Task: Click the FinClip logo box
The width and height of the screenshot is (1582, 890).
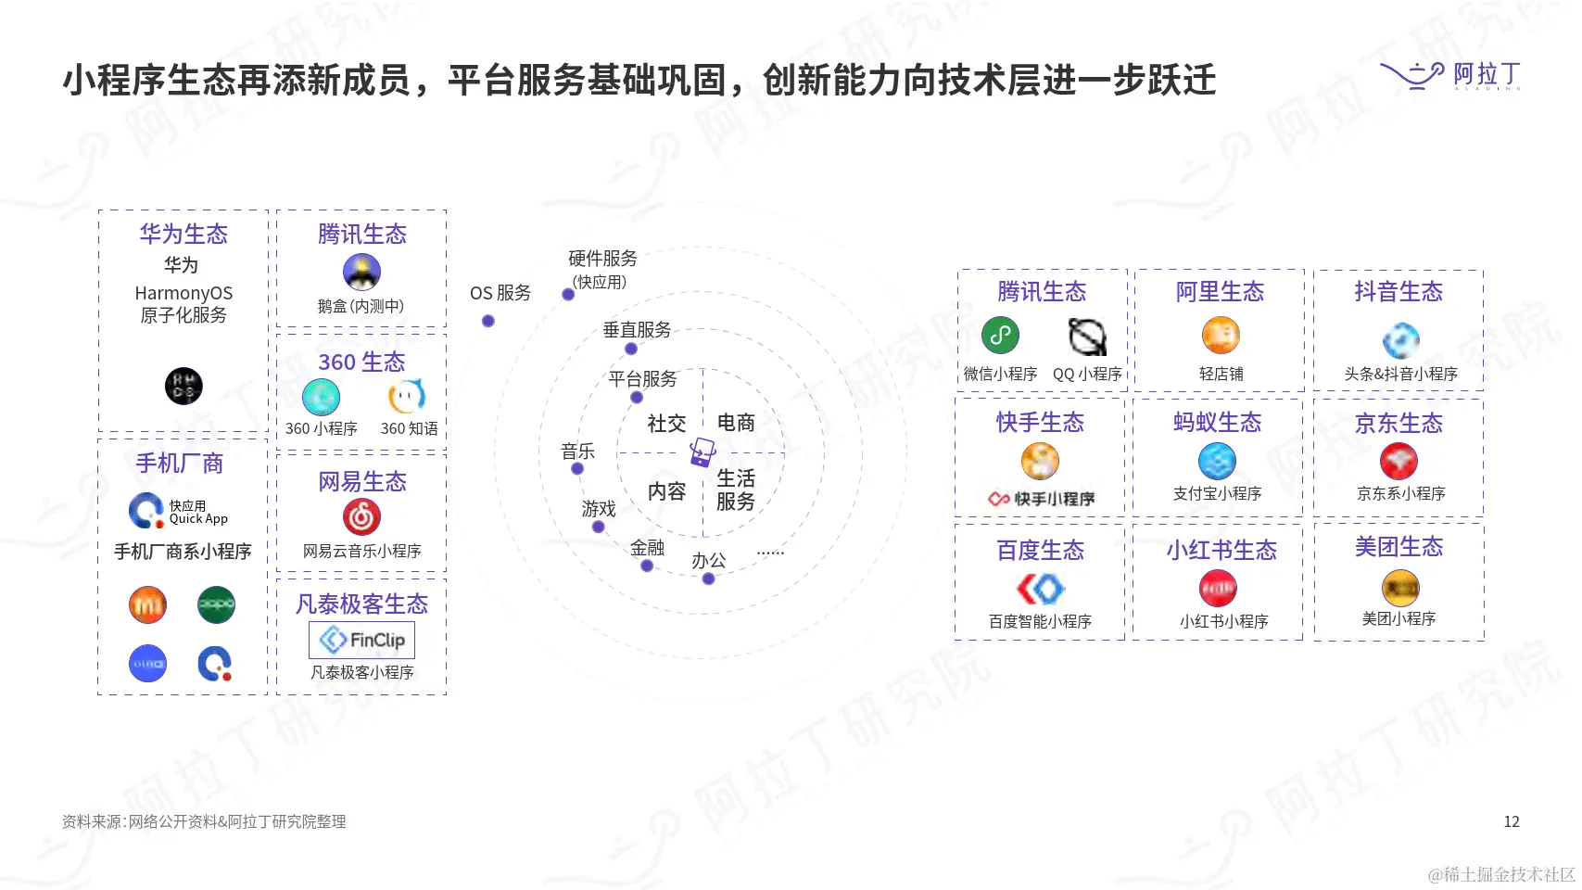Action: (361, 640)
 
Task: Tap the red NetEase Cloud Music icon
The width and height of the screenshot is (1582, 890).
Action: (361, 516)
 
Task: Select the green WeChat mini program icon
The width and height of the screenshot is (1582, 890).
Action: (1000, 336)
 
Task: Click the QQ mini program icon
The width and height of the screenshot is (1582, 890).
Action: (1087, 337)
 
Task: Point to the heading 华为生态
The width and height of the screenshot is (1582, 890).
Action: (184, 234)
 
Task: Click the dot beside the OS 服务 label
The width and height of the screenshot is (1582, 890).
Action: (488, 321)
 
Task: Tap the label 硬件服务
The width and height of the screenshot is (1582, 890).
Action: (602, 259)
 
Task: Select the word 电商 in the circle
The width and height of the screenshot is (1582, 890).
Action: (736, 423)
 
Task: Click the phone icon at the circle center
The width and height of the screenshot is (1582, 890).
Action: (702, 452)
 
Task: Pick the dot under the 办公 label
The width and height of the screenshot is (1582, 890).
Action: (708, 578)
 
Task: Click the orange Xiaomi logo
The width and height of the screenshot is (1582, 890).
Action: (148, 605)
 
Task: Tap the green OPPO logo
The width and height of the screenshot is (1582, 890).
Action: (216, 605)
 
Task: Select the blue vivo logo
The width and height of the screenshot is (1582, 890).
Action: (148, 664)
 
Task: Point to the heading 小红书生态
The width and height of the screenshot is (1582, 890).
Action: (1221, 550)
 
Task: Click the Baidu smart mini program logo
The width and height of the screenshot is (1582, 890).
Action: (1040, 589)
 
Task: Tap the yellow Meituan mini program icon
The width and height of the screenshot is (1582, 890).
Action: (1400, 588)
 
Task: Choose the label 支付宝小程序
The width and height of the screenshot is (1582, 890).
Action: (1217, 493)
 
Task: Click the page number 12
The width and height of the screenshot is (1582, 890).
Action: (1511, 821)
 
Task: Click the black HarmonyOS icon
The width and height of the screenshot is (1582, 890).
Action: (184, 386)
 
